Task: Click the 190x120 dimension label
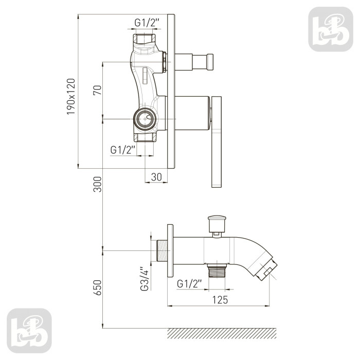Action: (x=71, y=97)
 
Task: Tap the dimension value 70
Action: (x=97, y=90)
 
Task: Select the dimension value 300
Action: (x=97, y=184)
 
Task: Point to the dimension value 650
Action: (x=97, y=287)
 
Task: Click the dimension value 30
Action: (x=156, y=177)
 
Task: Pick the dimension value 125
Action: (x=220, y=300)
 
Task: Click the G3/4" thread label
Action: (x=145, y=279)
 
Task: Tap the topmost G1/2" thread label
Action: (x=147, y=23)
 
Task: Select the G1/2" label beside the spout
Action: (x=189, y=284)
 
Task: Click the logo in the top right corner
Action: (x=331, y=29)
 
